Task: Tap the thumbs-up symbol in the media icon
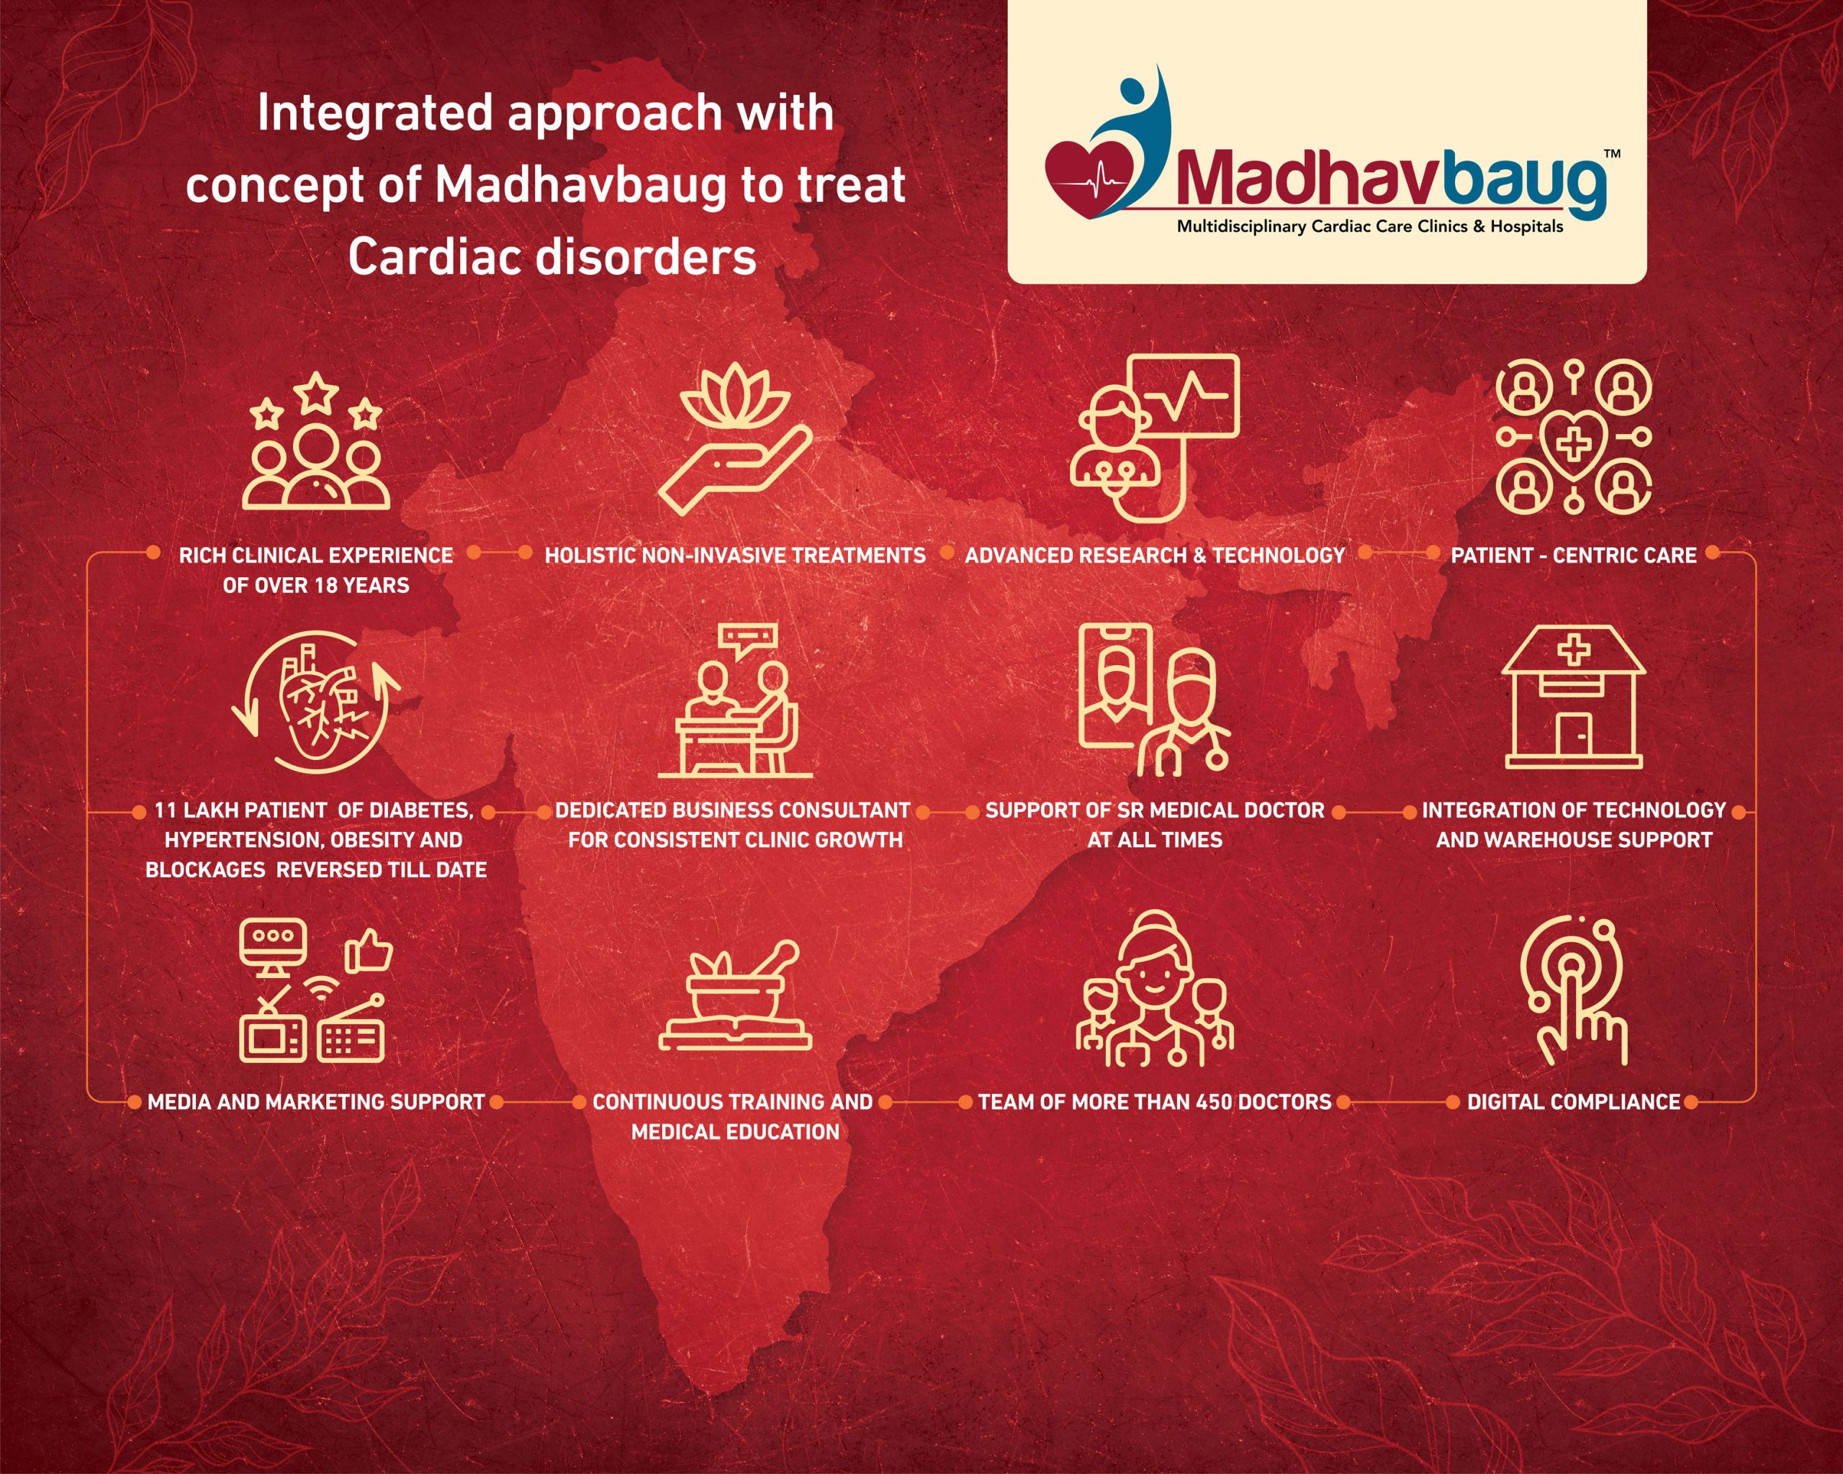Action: (369, 951)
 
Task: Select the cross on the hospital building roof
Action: (1574, 653)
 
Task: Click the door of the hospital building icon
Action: (1574, 734)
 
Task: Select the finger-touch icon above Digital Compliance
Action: (1574, 990)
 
